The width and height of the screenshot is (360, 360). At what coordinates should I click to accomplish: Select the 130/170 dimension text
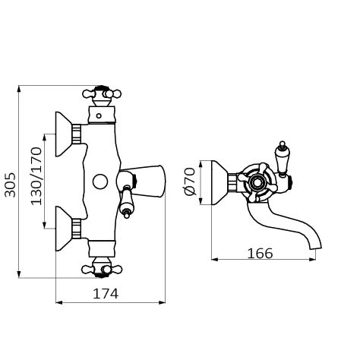click(x=36, y=176)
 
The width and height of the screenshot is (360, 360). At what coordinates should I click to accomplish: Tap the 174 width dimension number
click(x=106, y=294)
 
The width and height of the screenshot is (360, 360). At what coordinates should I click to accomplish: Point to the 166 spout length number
click(x=260, y=253)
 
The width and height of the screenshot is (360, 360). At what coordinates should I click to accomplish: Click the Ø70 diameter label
click(x=190, y=182)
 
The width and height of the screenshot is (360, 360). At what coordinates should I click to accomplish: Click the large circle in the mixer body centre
click(x=100, y=182)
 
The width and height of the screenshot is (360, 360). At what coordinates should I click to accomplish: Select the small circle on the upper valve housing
click(x=99, y=116)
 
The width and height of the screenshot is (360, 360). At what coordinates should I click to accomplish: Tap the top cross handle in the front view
click(x=102, y=96)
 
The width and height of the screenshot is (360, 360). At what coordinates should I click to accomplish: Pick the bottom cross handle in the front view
click(x=102, y=268)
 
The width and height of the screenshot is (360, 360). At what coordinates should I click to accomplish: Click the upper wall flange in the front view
click(x=63, y=134)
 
